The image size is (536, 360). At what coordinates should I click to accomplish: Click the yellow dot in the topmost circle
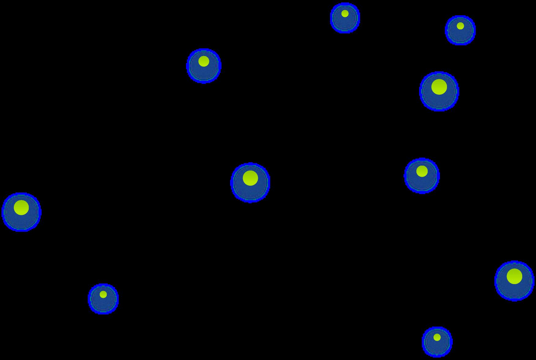[345, 13]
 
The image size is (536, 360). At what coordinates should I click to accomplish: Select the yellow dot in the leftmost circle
[21, 208]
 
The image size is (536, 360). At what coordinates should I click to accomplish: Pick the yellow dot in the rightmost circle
[514, 276]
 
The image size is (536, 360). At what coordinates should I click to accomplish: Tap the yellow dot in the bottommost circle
[437, 337]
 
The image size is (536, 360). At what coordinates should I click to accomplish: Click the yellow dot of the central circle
[250, 178]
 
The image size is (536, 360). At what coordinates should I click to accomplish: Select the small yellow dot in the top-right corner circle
[460, 26]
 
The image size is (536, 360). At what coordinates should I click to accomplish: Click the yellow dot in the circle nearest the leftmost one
[103, 294]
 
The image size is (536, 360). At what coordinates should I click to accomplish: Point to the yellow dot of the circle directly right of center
[422, 171]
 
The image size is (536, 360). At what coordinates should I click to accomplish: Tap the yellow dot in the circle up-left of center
[203, 61]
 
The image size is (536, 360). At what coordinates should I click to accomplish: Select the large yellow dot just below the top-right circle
[439, 87]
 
